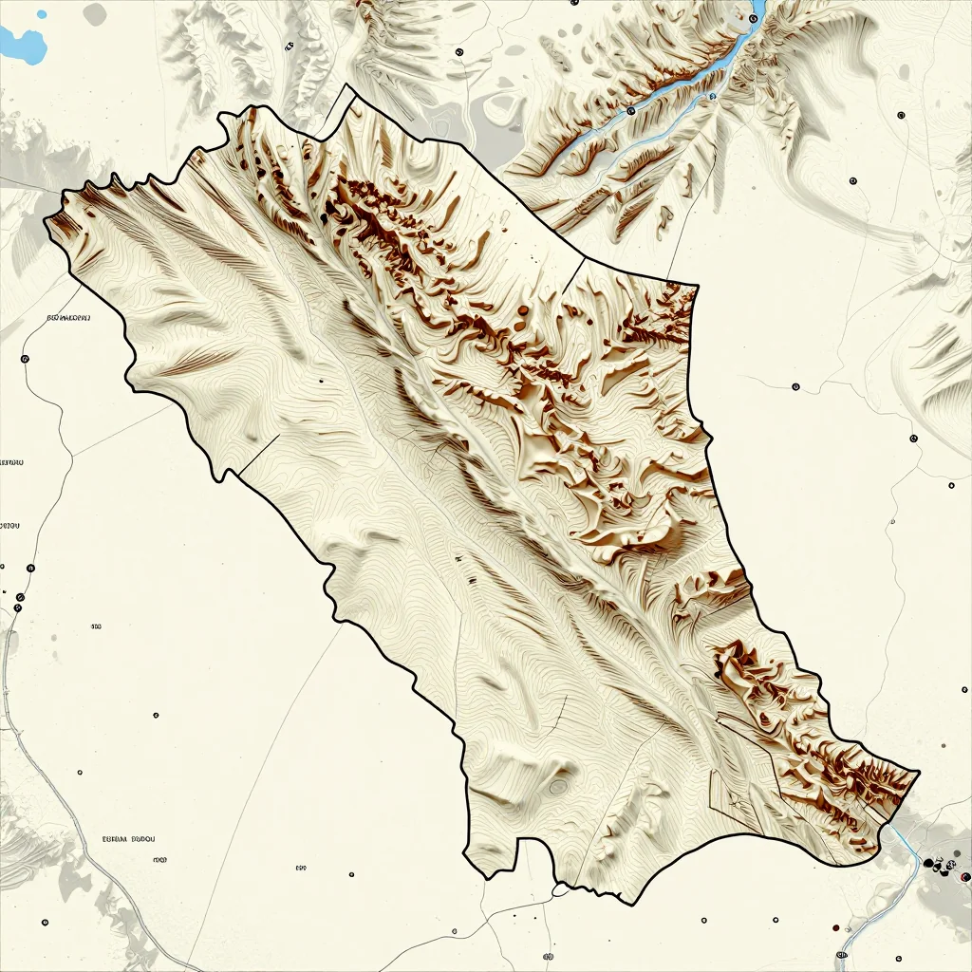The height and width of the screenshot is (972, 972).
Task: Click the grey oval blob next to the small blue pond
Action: tap(95, 13)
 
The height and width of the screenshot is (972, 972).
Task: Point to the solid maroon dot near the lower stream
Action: tap(834, 927)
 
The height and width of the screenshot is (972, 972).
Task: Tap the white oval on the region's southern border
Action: tap(560, 890)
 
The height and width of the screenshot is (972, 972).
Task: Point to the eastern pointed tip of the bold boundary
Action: tap(919, 771)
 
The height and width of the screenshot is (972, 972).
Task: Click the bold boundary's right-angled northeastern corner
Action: tap(697, 283)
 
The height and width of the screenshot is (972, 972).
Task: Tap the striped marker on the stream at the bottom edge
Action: tap(842, 954)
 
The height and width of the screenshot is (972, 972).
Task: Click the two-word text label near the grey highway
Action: tap(128, 839)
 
